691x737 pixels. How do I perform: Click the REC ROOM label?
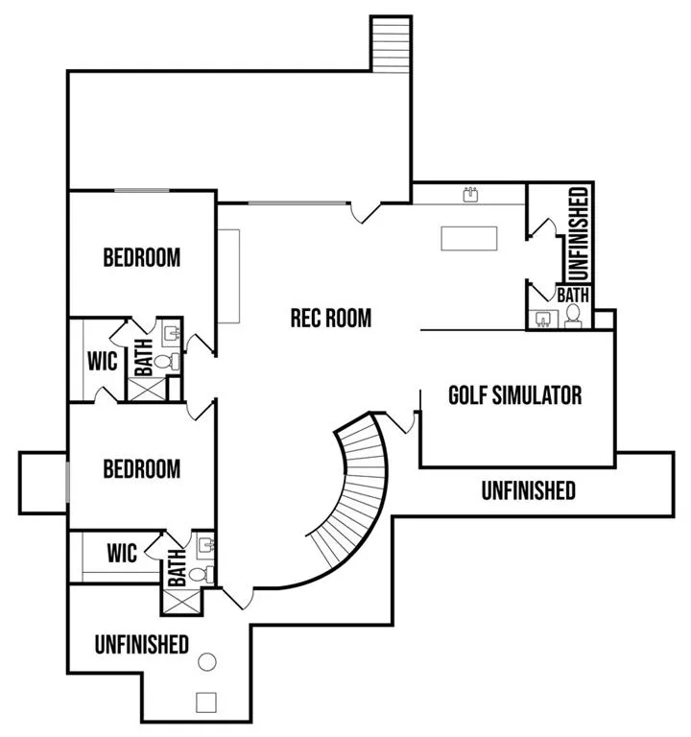[331, 319]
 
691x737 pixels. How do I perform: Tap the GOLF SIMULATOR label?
[515, 395]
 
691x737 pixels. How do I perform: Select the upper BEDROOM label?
[141, 257]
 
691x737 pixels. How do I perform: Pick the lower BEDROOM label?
[141, 469]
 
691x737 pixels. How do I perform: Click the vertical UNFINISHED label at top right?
[579, 234]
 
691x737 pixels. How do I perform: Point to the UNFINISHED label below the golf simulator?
[529, 490]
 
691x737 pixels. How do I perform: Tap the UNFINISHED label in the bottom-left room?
[141, 645]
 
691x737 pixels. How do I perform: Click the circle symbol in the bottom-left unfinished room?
[207, 662]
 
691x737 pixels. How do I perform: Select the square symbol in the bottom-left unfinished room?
[206, 702]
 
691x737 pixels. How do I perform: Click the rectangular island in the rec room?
[469, 238]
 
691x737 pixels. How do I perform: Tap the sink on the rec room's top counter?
[470, 194]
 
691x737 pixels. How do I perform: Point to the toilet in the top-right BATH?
[573, 316]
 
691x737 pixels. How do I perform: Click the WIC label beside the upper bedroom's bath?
[102, 361]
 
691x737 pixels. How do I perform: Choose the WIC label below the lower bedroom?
[122, 553]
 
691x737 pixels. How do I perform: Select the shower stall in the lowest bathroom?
[181, 601]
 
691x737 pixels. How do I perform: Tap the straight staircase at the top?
[392, 45]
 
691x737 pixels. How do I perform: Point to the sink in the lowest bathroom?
[206, 546]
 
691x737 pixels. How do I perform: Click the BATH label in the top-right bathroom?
[573, 296]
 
